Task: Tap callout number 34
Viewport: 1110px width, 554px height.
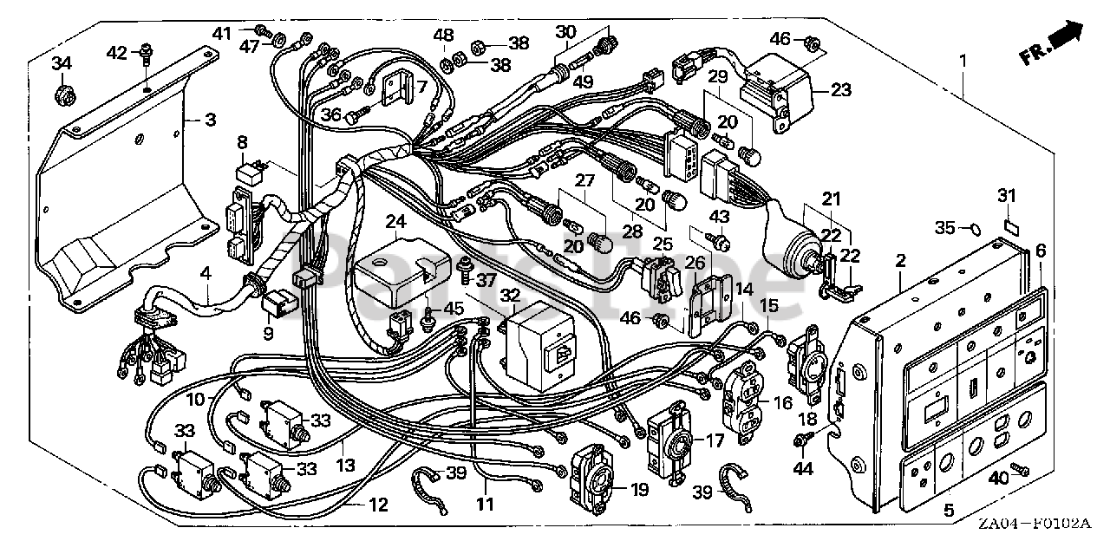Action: (x=61, y=64)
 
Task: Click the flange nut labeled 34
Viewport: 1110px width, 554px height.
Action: (x=62, y=92)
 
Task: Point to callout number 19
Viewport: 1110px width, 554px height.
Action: (x=640, y=490)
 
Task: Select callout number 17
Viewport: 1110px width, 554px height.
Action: (x=715, y=440)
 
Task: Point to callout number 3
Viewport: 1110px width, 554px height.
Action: (x=211, y=119)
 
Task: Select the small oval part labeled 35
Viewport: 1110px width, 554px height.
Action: (x=973, y=229)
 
